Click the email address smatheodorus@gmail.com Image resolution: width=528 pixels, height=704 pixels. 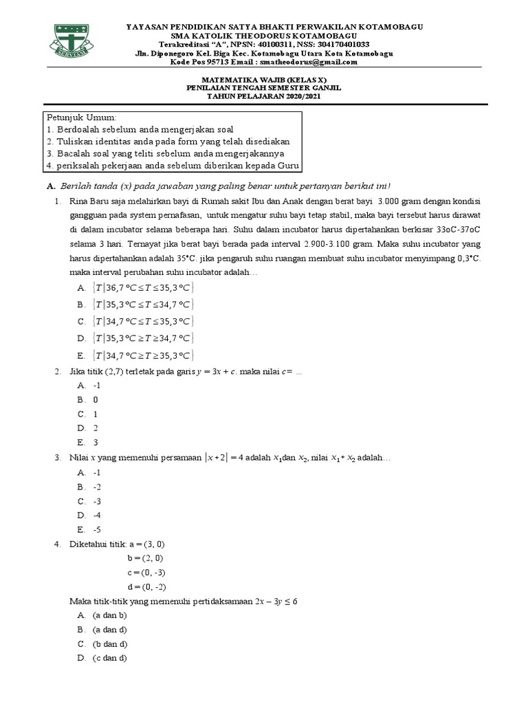(x=315, y=62)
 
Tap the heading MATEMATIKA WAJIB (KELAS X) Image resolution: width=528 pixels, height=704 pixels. (x=265, y=80)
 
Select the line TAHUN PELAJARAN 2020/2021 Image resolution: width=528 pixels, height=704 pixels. (x=265, y=96)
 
